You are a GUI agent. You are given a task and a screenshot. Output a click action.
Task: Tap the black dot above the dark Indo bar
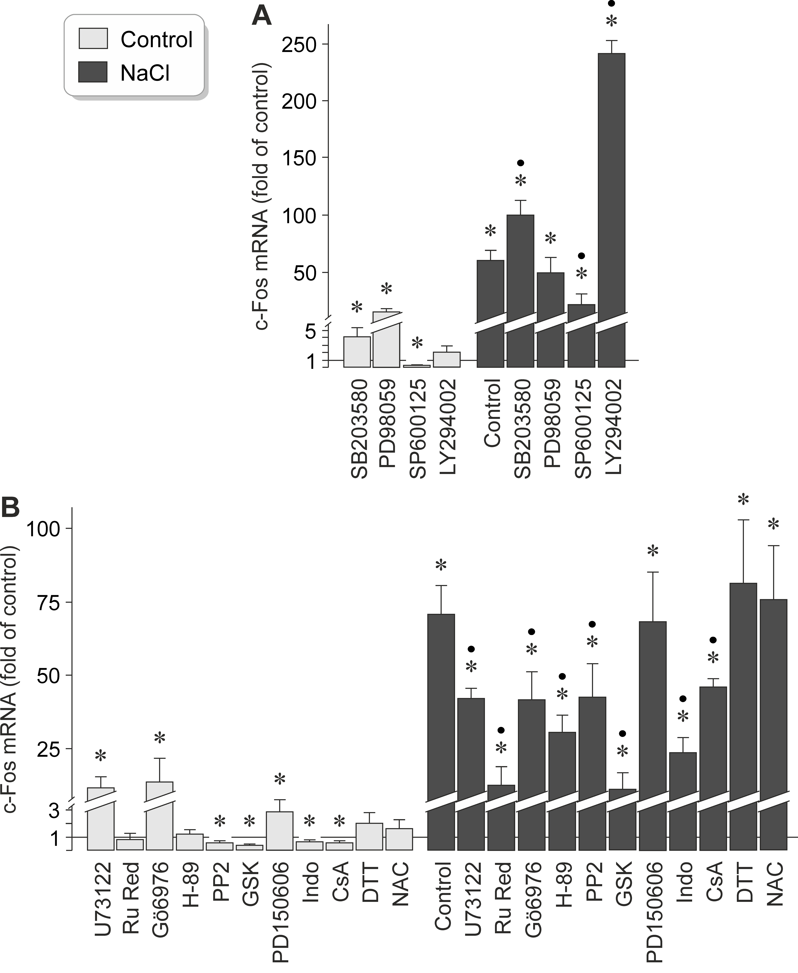[x=683, y=699]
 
